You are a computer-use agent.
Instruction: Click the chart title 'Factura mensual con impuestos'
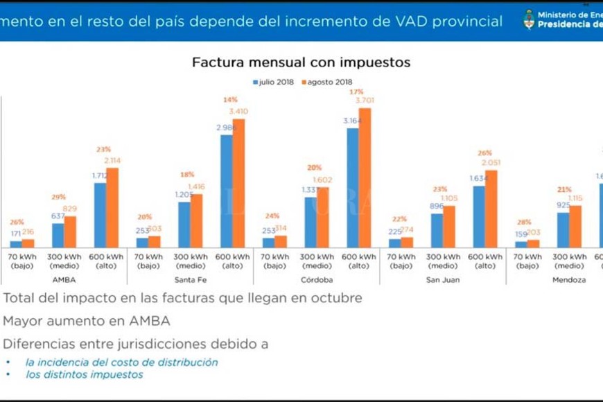click(301, 62)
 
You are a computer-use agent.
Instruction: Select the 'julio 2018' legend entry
click(277, 82)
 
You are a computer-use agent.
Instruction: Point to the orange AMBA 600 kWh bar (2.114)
click(112, 207)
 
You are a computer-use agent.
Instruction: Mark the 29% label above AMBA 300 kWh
click(59, 198)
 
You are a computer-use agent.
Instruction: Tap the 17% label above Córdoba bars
click(357, 91)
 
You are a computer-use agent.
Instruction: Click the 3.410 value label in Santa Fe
click(238, 111)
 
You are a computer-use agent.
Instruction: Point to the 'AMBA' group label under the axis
click(64, 280)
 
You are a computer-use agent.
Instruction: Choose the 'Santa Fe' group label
click(191, 280)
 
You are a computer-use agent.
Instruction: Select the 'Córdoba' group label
click(317, 280)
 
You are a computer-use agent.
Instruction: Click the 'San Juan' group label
click(443, 280)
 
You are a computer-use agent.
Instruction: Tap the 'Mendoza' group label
click(569, 280)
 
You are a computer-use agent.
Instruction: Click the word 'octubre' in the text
click(336, 298)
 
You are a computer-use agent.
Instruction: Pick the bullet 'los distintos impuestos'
click(84, 375)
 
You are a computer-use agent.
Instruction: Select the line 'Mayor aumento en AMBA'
click(87, 322)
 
